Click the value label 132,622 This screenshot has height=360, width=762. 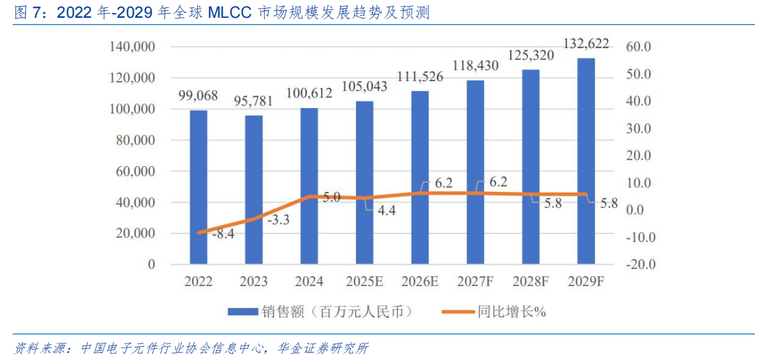click(x=586, y=44)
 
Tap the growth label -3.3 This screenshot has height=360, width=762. click(x=278, y=220)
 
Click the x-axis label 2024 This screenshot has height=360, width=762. click(x=309, y=282)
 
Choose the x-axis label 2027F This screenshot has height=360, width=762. click(x=475, y=282)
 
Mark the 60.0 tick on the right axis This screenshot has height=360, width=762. click(x=638, y=47)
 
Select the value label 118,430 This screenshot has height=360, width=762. click(x=475, y=65)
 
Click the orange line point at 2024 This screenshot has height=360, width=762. click(x=309, y=196)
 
